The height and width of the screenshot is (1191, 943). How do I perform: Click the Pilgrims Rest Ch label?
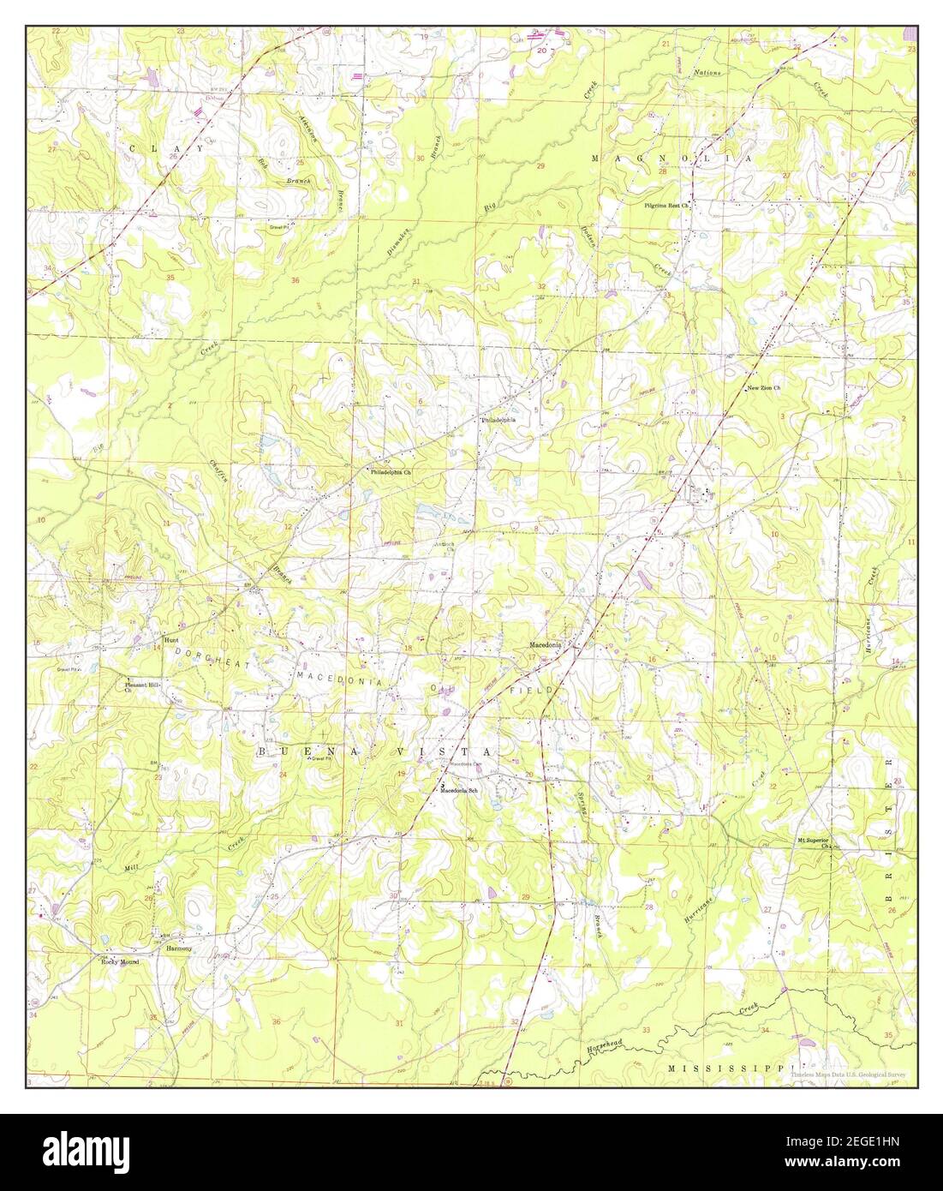[667, 206]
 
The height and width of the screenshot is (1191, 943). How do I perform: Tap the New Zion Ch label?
[764, 388]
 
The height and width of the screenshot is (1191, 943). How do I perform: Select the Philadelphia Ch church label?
[391, 472]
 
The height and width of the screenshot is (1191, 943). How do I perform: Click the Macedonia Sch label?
[458, 790]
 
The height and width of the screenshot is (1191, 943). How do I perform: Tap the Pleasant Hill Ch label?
[141, 687]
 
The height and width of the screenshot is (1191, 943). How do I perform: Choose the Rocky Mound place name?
[119, 962]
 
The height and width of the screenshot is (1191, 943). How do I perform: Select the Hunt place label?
[170, 639]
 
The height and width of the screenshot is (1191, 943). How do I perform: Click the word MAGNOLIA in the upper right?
[671, 159]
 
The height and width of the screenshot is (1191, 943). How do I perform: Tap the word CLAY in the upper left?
[166, 148]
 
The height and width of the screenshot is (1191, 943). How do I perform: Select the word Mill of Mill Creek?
[131, 868]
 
